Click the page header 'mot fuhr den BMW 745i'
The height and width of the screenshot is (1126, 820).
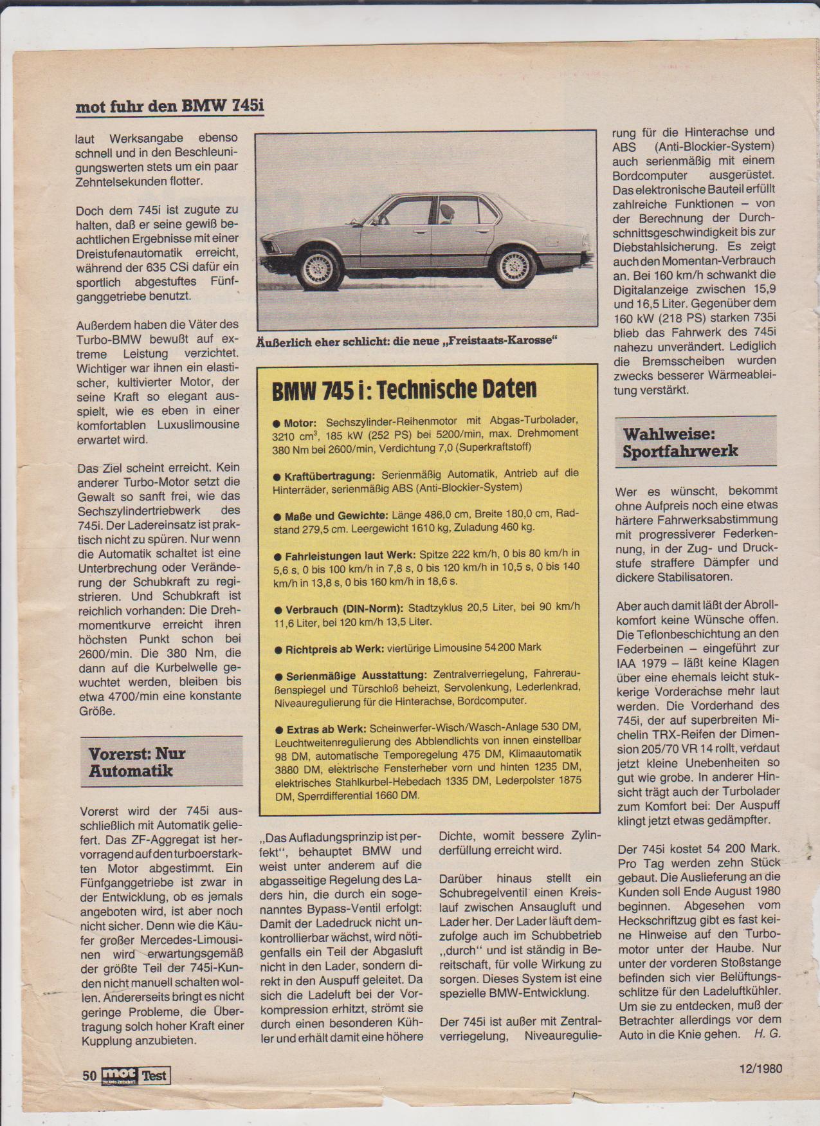pyautogui.click(x=170, y=106)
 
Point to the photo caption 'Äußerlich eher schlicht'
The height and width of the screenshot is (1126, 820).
pyautogui.click(x=406, y=341)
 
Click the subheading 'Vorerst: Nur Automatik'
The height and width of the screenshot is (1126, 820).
pyautogui.click(x=137, y=762)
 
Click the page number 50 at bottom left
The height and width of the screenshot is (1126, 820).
pyautogui.click(x=89, y=1075)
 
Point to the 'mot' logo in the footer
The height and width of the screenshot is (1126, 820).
pyautogui.click(x=120, y=1075)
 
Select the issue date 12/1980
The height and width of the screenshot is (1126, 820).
pyautogui.click(x=760, y=1068)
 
